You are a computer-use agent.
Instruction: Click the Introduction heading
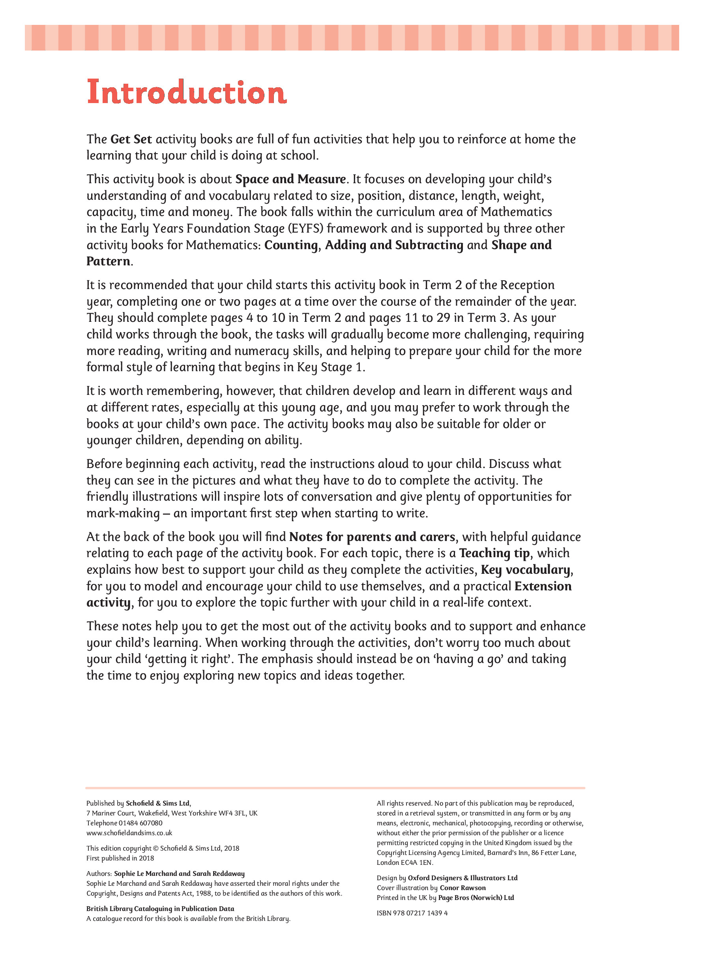(186, 92)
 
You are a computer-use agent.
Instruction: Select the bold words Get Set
(131, 139)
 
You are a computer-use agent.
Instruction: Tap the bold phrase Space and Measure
(291, 179)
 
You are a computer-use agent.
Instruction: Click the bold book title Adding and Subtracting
(394, 245)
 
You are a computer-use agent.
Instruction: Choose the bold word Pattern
(108, 261)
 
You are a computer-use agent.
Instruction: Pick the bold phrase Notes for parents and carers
(372, 537)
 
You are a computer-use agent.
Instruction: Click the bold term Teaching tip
(494, 553)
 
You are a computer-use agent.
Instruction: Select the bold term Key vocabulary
(526, 570)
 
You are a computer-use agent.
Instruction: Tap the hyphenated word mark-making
(123, 513)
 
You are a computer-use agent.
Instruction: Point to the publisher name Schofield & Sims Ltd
(157, 804)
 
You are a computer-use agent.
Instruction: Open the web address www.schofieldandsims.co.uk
(129, 833)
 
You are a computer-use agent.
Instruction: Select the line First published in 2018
(120, 859)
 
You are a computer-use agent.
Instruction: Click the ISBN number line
(412, 913)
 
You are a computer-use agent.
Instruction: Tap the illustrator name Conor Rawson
(462, 888)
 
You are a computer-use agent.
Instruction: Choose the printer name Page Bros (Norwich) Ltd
(476, 898)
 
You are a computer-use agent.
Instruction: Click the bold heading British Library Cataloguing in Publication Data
(160, 909)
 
